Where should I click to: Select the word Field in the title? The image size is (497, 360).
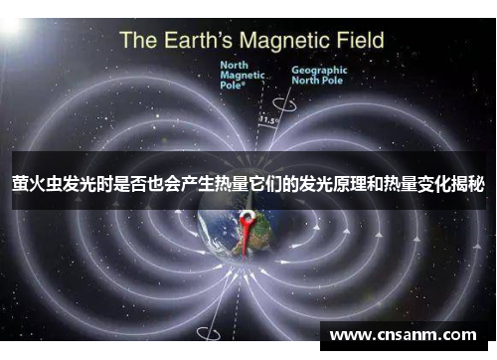[x=359, y=41]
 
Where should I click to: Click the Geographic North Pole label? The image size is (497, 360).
[x=320, y=78]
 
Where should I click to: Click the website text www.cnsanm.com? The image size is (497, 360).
[x=404, y=334]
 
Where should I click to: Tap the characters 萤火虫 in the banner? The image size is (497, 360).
[x=35, y=184]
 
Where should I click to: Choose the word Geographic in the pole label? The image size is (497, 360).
[x=317, y=71]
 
